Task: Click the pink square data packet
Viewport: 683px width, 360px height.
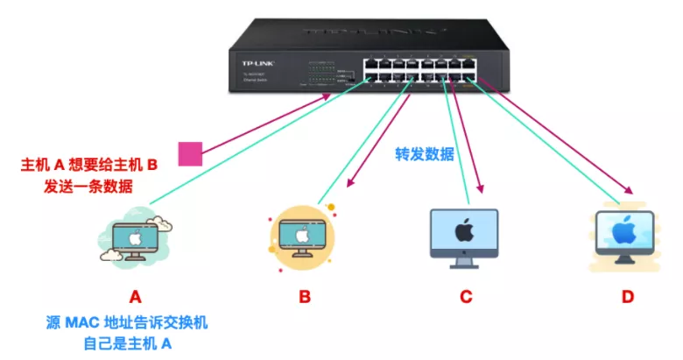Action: pyautogui.click(x=190, y=153)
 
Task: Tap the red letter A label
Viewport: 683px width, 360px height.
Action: pyautogui.click(x=135, y=296)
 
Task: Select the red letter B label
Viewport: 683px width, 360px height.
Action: pyautogui.click(x=305, y=296)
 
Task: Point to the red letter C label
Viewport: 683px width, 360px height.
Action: pyautogui.click(x=465, y=296)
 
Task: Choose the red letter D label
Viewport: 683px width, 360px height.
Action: pyautogui.click(x=627, y=296)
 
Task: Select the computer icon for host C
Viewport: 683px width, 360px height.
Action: pyautogui.click(x=464, y=236)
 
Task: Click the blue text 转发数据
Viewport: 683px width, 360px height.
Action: pyautogui.click(x=425, y=154)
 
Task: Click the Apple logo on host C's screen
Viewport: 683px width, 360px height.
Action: pyautogui.click(x=464, y=229)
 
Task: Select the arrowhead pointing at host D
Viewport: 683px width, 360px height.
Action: pyautogui.click(x=628, y=190)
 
